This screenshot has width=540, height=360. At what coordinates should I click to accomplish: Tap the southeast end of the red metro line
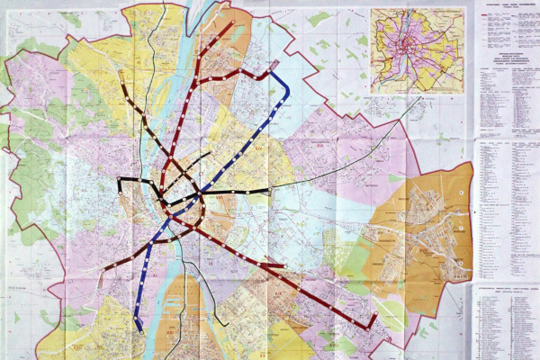[x=373, y=324]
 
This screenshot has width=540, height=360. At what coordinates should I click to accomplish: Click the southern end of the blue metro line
[x=138, y=328]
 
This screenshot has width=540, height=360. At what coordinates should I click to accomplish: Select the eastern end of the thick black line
[x=268, y=191]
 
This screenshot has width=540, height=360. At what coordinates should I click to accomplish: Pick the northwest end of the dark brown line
[x=121, y=74]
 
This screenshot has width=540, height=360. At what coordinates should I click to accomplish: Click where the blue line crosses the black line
[x=200, y=192]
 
